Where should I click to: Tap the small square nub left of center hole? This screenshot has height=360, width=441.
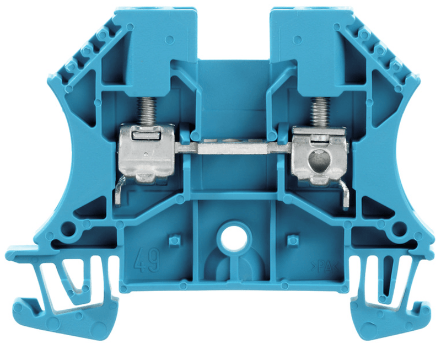tap(174, 240)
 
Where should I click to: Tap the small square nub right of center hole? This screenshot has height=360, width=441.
tap(293, 240)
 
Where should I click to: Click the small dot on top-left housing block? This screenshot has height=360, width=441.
tap(168, 40)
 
